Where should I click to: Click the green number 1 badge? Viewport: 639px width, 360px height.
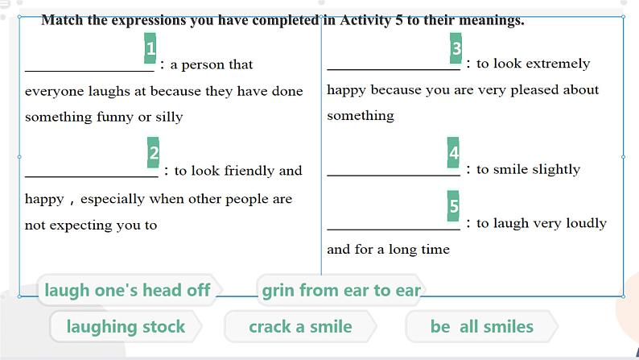150,48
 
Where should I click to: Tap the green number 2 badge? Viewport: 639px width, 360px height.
153,152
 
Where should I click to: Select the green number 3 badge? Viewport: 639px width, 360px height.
456,48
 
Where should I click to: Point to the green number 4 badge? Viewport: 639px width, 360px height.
453,152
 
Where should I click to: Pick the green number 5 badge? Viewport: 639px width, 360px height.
453,206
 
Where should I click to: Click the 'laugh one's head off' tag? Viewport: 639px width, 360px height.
128,290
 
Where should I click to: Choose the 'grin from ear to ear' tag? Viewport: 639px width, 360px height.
341,290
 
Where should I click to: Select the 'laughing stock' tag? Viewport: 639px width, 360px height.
126,326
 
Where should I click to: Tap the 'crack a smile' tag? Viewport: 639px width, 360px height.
300,326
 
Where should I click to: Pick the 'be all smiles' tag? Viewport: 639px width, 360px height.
482,326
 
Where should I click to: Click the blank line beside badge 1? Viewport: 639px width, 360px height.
89,71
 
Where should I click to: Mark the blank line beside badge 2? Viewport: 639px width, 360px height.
91,176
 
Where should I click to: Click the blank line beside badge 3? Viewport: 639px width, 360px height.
394,69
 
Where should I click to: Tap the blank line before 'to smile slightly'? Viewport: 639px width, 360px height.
394,176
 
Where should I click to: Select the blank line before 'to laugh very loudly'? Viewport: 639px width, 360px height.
394,230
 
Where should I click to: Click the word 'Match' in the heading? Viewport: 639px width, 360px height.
62,20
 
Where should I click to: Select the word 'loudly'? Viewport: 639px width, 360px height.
587,223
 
